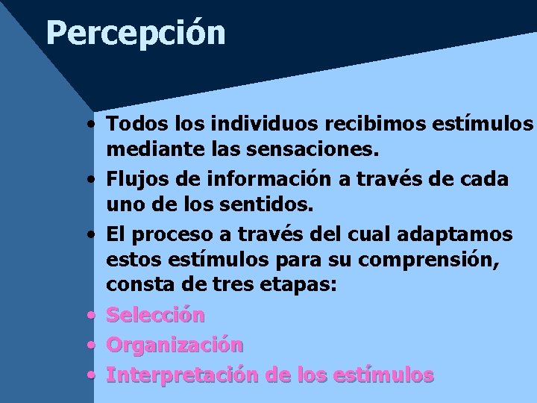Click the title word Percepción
click(135, 34)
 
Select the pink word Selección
click(155, 315)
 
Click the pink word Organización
click(175, 345)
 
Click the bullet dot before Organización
click(90, 346)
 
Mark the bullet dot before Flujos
click(90, 180)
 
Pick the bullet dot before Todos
click(90, 122)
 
